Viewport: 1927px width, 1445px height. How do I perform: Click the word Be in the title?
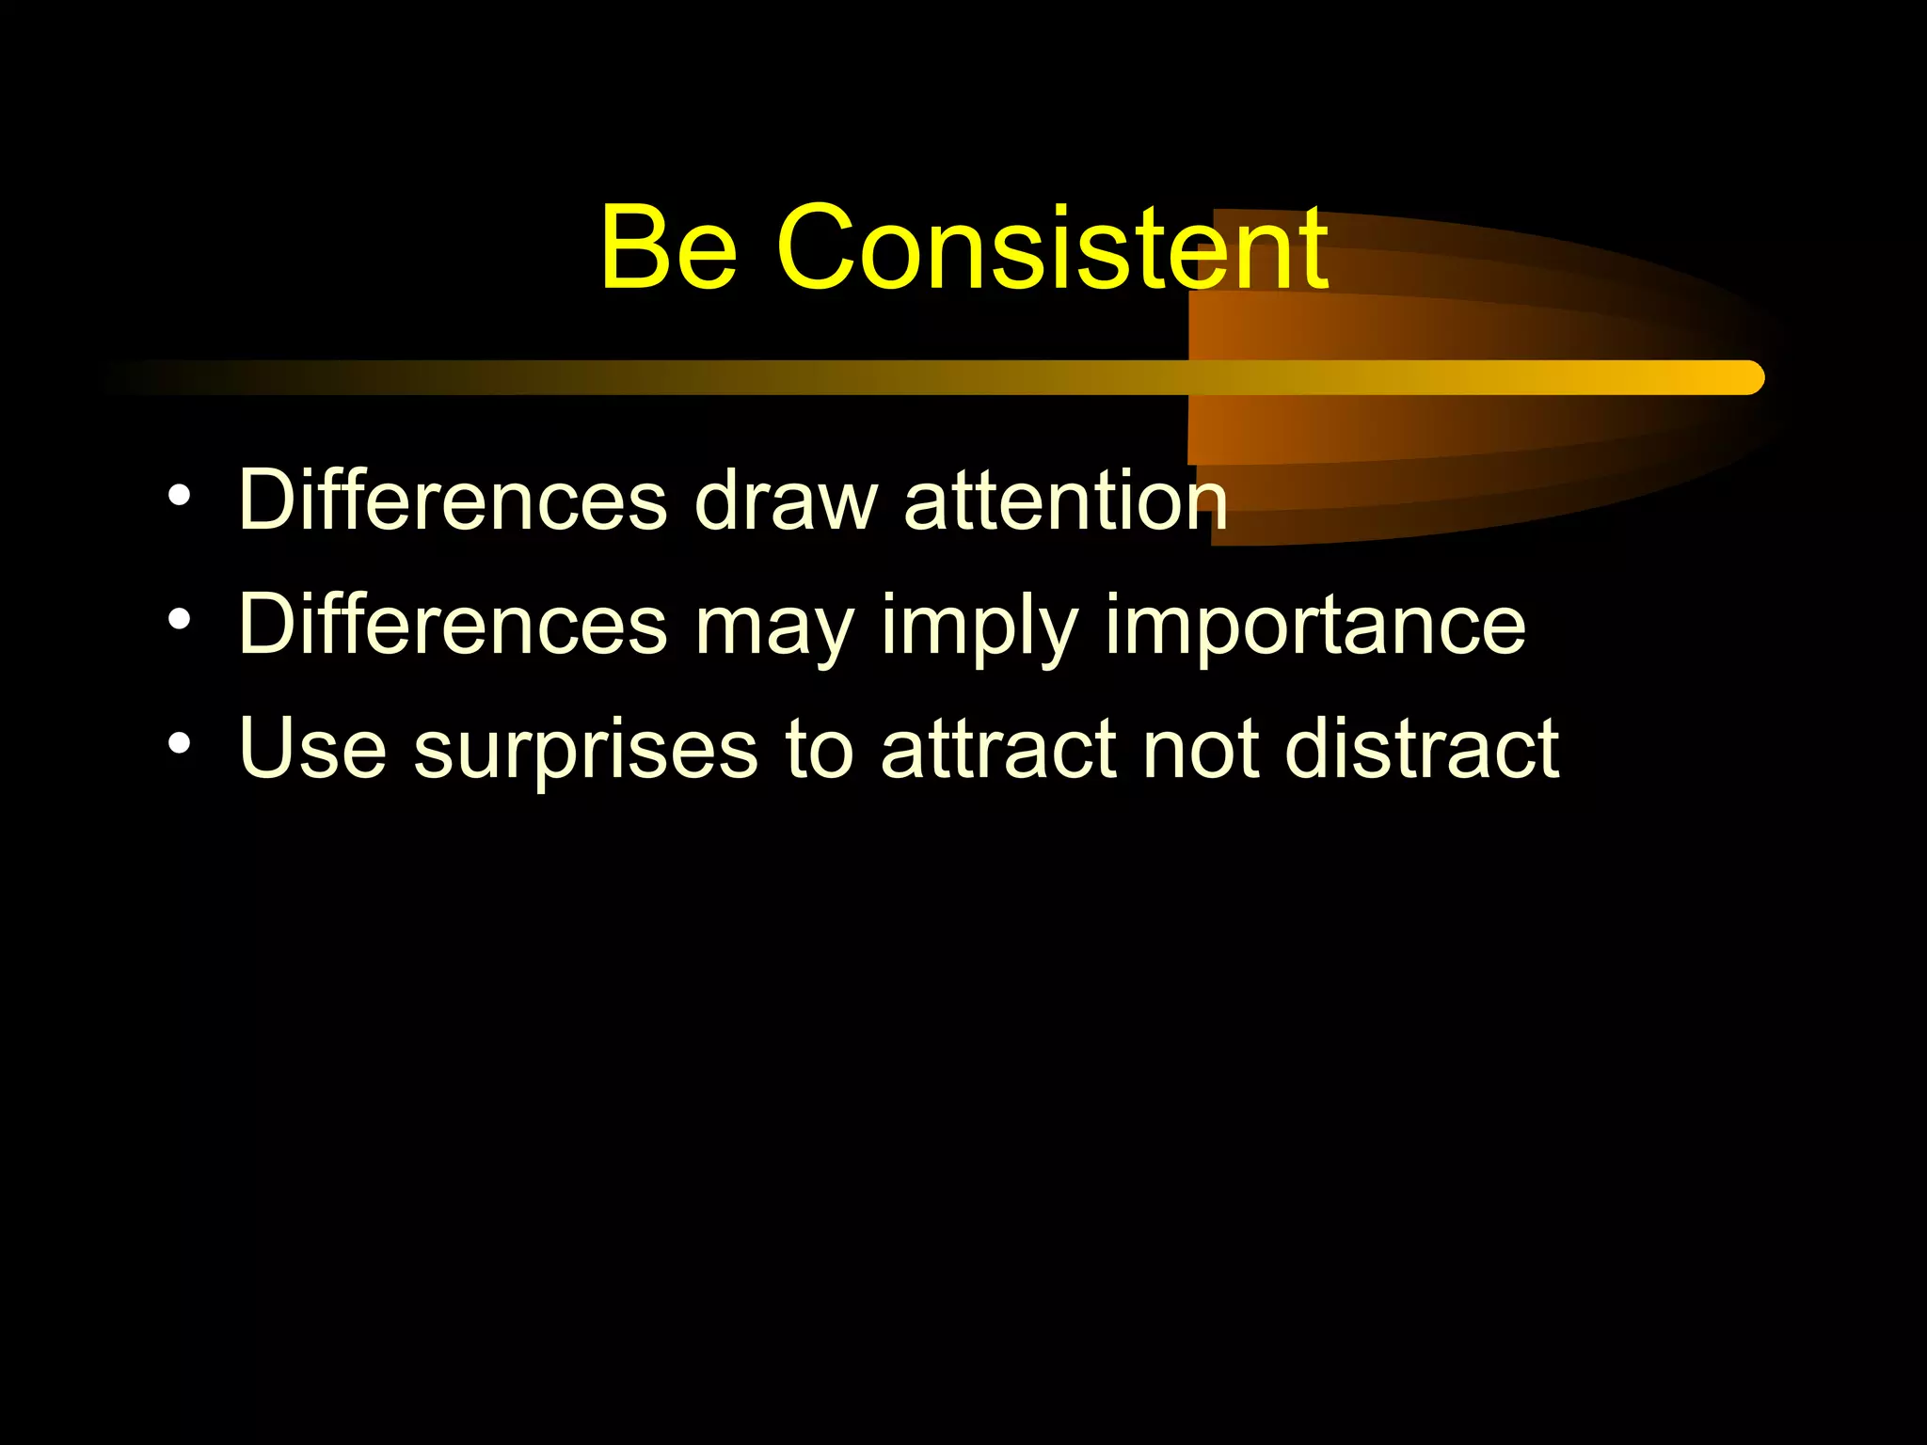click(x=668, y=248)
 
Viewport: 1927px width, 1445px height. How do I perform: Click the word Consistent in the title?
click(x=1053, y=248)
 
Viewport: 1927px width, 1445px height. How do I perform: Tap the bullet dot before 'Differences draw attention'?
click(x=180, y=496)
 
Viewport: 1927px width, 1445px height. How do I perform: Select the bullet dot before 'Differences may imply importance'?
click(x=180, y=620)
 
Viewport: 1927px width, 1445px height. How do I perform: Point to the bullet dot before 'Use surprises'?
click(x=180, y=744)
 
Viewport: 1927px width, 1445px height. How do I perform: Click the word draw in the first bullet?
click(x=786, y=500)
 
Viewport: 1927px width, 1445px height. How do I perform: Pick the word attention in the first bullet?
click(x=1065, y=500)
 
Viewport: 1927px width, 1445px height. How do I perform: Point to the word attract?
click(x=998, y=749)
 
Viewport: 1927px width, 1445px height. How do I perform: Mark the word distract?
click(x=1422, y=749)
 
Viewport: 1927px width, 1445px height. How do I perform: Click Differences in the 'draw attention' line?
click(x=453, y=500)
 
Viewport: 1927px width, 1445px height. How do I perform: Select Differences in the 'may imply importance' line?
click(x=453, y=625)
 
